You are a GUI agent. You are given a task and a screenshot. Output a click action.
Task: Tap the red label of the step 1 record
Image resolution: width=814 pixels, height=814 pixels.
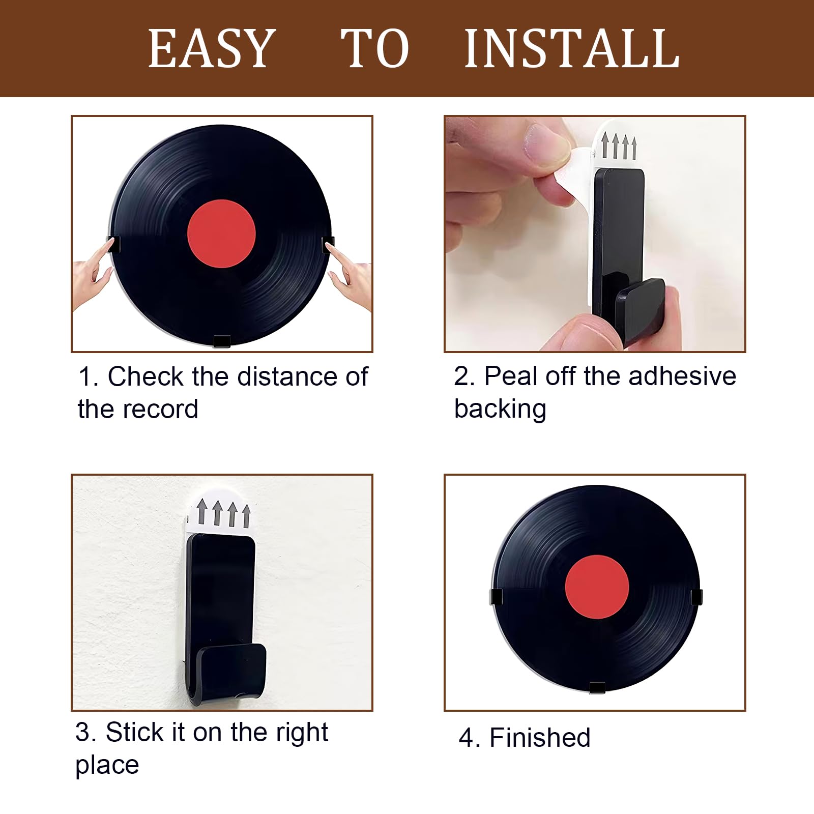tap(221, 234)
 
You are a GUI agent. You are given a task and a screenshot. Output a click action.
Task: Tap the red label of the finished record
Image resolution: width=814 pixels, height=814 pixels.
tap(597, 587)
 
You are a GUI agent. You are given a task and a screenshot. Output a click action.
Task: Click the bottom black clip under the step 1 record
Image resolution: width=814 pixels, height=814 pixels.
tap(222, 341)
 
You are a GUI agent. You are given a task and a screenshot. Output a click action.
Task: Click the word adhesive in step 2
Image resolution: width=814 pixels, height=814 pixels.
tap(682, 377)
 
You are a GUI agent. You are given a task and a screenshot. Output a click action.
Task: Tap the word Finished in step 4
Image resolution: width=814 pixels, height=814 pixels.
tap(540, 738)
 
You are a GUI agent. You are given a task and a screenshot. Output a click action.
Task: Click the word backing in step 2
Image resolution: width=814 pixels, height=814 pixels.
tap(500, 410)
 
